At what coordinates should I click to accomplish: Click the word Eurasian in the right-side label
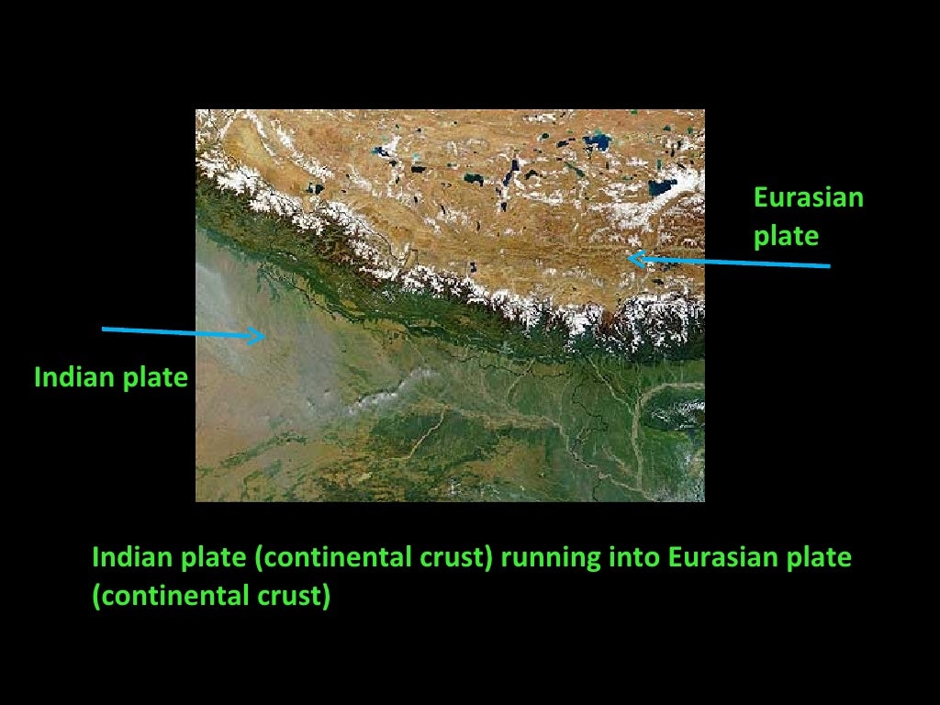[x=808, y=197]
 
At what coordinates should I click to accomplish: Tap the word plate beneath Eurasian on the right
[x=785, y=236]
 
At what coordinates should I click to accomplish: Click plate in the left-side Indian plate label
[x=156, y=377]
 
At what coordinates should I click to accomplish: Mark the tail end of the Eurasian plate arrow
[x=829, y=266]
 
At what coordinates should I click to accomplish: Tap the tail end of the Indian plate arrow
[x=103, y=329]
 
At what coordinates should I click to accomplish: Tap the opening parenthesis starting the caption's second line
[x=95, y=597]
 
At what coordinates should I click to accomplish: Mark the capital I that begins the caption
[x=95, y=557]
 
